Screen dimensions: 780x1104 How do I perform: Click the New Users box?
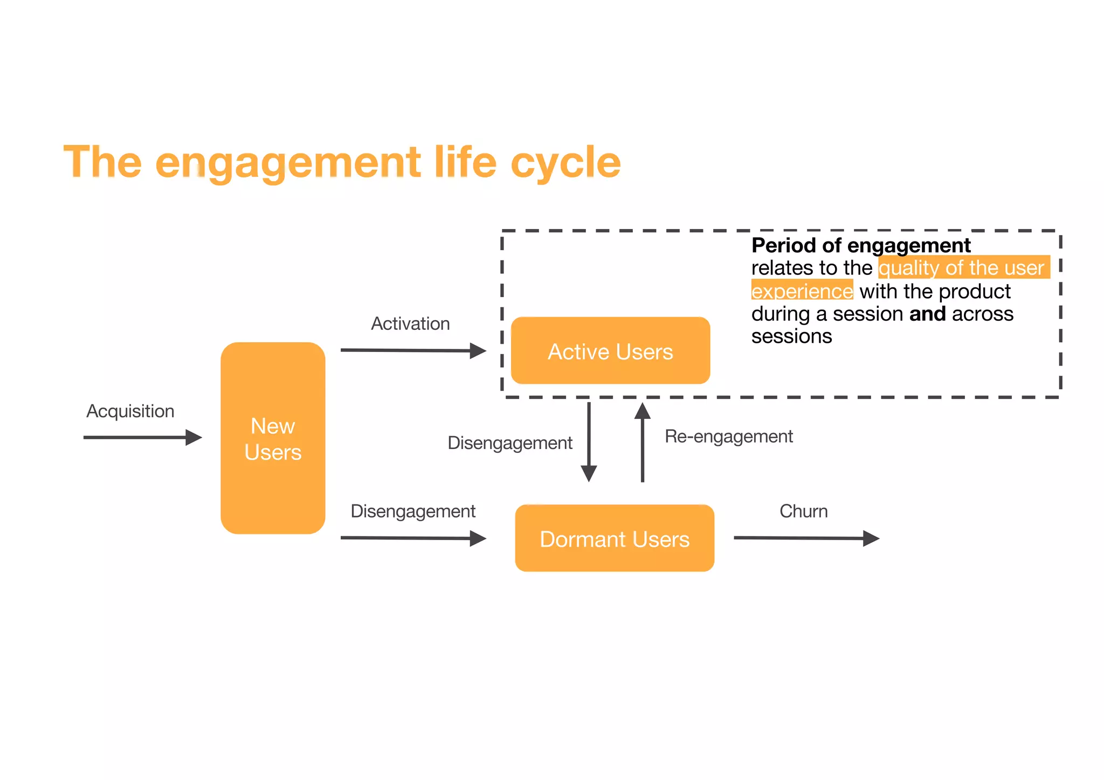273,438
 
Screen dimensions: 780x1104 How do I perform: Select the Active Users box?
610,351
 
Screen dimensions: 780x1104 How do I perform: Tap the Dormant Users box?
615,539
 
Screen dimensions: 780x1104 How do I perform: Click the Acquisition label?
130,411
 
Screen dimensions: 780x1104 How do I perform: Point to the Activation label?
410,323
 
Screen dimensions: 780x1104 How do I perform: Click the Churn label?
803,511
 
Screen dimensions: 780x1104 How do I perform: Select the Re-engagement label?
728,436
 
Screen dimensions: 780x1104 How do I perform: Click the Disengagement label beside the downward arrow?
509,443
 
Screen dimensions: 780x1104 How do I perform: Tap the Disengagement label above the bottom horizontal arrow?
413,511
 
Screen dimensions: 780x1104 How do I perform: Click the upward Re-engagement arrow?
642,442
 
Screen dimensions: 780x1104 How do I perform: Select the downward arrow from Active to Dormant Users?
589,442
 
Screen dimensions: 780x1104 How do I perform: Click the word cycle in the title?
565,162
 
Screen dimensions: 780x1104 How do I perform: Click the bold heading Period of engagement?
861,245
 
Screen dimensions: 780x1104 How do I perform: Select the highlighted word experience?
802,291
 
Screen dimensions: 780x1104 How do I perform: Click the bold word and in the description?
927,314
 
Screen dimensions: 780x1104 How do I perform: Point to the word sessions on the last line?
791,336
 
